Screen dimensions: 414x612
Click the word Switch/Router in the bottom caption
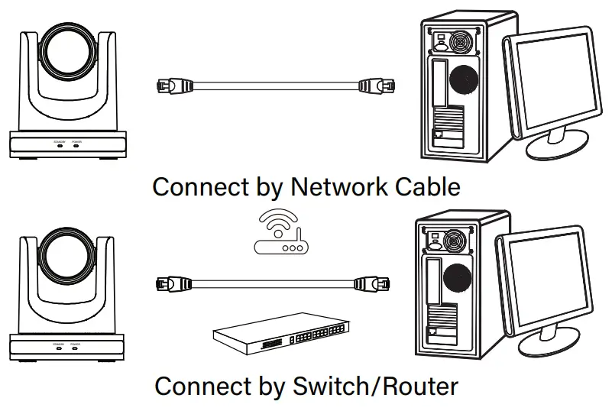tap(375, 386)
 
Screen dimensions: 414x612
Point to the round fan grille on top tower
tap(466, 77)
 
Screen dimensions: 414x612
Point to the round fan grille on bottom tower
tap(459, 279)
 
